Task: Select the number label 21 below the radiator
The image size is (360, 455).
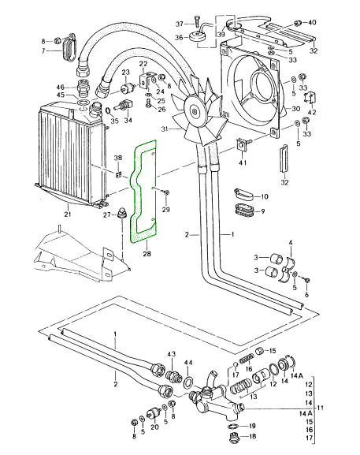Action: tap(68, 214)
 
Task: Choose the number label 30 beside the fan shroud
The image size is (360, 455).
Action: tap(296, 109)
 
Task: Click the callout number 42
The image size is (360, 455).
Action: tap(313, 113)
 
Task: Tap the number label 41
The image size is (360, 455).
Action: tap(243, 162)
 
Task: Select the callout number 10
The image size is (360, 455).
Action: tap(264, 196)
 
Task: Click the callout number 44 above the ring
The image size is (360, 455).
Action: tap(188, 362)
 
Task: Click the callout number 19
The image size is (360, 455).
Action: tap(251, 426)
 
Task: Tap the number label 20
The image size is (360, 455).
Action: tap(154, 427)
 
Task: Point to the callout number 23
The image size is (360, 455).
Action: tap(124, 73)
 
